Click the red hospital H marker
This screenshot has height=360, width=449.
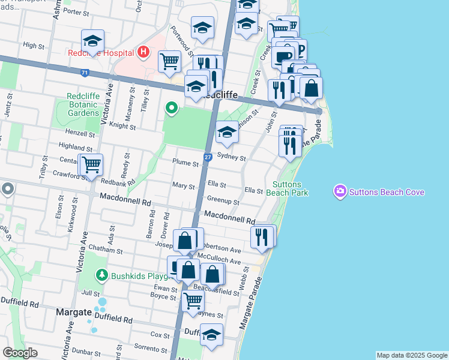143,52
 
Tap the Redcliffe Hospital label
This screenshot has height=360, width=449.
100,53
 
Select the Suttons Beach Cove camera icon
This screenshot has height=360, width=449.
340,191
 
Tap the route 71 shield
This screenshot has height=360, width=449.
85,73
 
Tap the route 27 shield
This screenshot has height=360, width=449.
207,157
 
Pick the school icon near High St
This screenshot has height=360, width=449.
92,40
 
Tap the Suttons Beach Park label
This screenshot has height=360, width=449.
290,188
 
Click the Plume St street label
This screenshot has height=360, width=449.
185,163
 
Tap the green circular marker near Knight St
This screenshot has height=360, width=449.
172,108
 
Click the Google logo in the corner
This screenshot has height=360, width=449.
20,353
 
